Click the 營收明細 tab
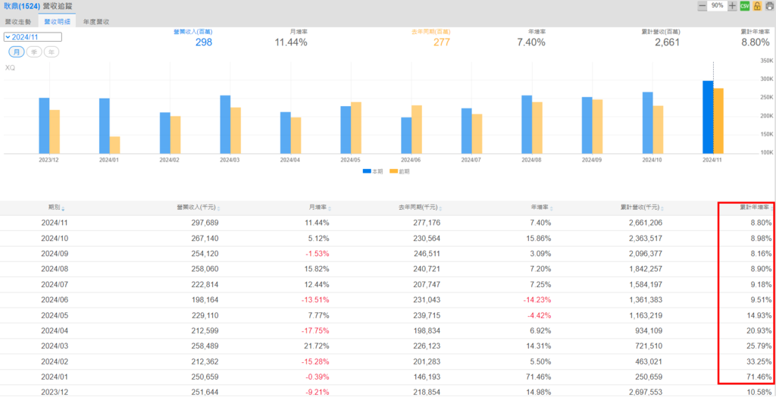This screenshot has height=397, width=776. tap(58, 22)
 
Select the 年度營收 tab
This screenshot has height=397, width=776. tap(96, 22)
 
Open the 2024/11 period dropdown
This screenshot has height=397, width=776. tap(33, 36)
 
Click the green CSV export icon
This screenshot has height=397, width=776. tap(745, 6)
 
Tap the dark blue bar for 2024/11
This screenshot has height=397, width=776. tap(708, 117)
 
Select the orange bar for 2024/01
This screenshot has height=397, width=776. tap(114, 145)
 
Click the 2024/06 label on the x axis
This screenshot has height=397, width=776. tap(411, 160)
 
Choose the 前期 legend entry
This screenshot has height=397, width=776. tap(399, 172)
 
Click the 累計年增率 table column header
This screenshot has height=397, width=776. tap(754, 208)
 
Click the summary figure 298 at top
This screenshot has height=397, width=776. tap(204, 42)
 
